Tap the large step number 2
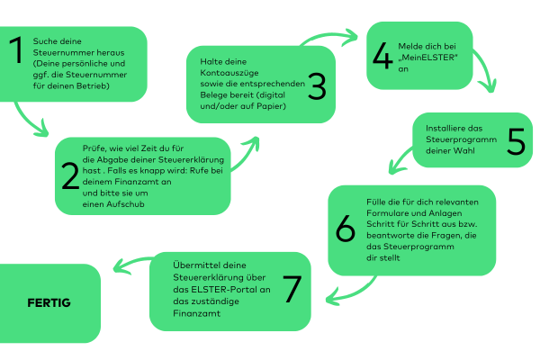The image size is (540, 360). [70, 177]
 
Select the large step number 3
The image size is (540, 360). [316, 86]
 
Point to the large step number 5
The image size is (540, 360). [515, 142]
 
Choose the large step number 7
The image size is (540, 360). [291, 289]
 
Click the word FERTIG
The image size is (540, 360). [49, 302]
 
